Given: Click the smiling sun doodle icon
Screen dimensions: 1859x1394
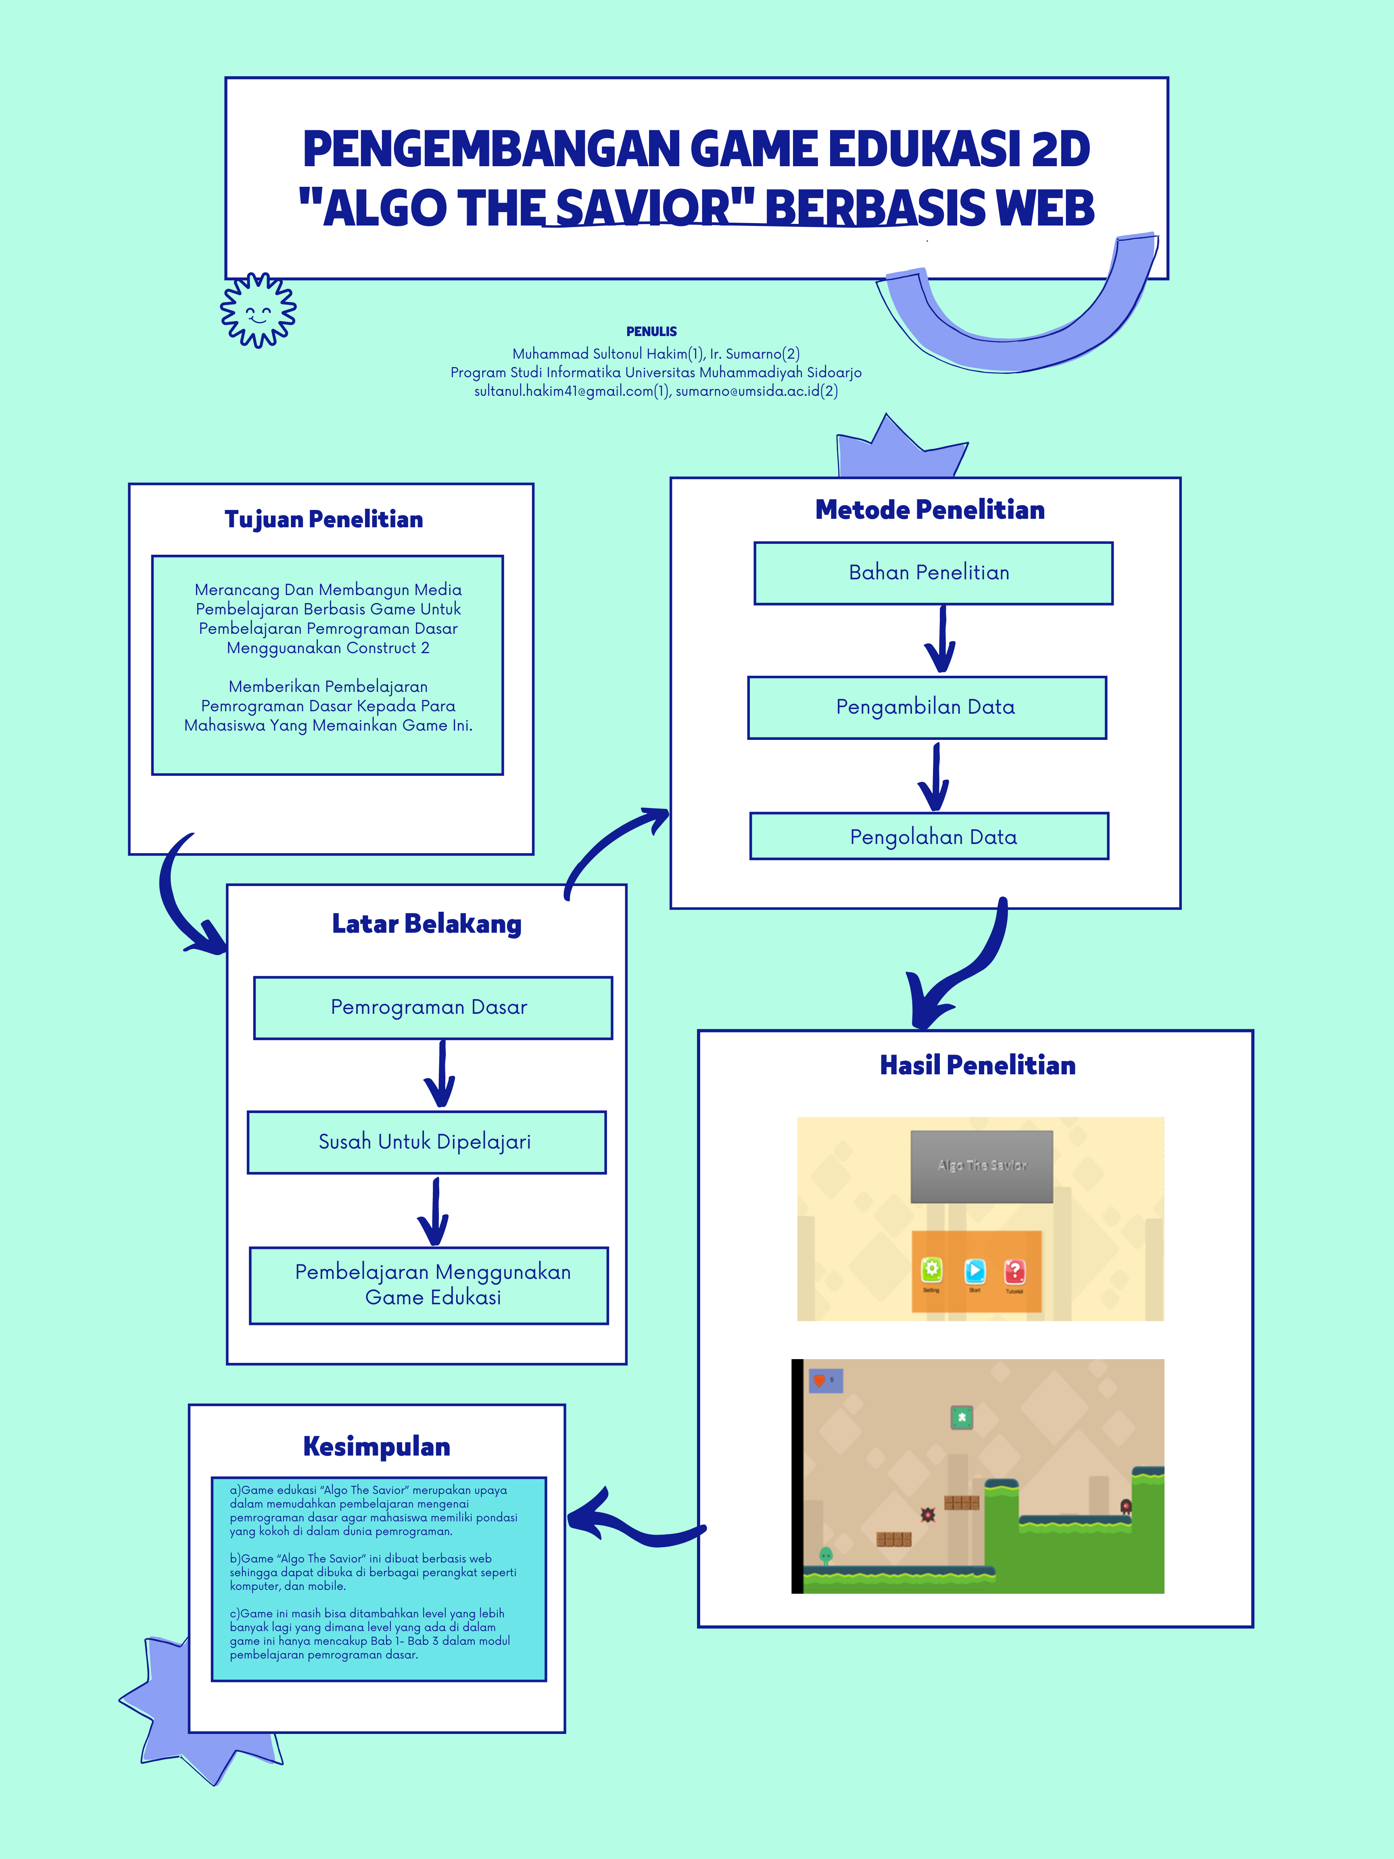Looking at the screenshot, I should [x=258, y=310].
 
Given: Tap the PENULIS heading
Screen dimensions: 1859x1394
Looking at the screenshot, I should [x=651, y=331].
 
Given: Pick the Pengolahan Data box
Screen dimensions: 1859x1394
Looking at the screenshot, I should [x=929, y=836].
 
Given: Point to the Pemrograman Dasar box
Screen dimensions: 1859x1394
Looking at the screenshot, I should [x=433, y=1008].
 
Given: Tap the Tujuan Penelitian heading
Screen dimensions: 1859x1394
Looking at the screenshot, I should [x=323, y=519].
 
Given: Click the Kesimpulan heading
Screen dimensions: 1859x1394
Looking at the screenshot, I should [x=376, y=1446].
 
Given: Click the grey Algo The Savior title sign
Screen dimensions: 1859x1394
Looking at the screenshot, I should [x=981, y=1166].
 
